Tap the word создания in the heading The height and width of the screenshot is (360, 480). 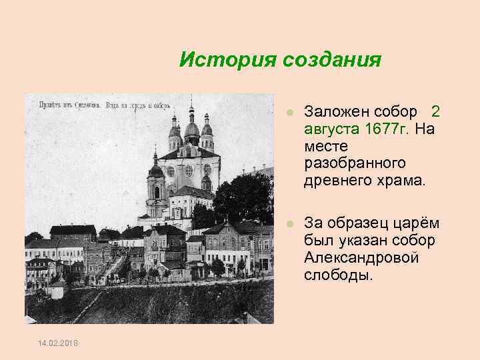[331, 61]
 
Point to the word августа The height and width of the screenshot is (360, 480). [330, 127]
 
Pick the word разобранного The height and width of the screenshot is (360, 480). [355, 162]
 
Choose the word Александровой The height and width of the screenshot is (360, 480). [361, 258]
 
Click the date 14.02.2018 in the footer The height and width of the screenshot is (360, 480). [57, 343]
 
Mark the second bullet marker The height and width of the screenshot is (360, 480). [289, 223]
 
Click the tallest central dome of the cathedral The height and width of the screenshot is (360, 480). [191, 127]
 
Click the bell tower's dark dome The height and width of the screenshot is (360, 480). [156, 169]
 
